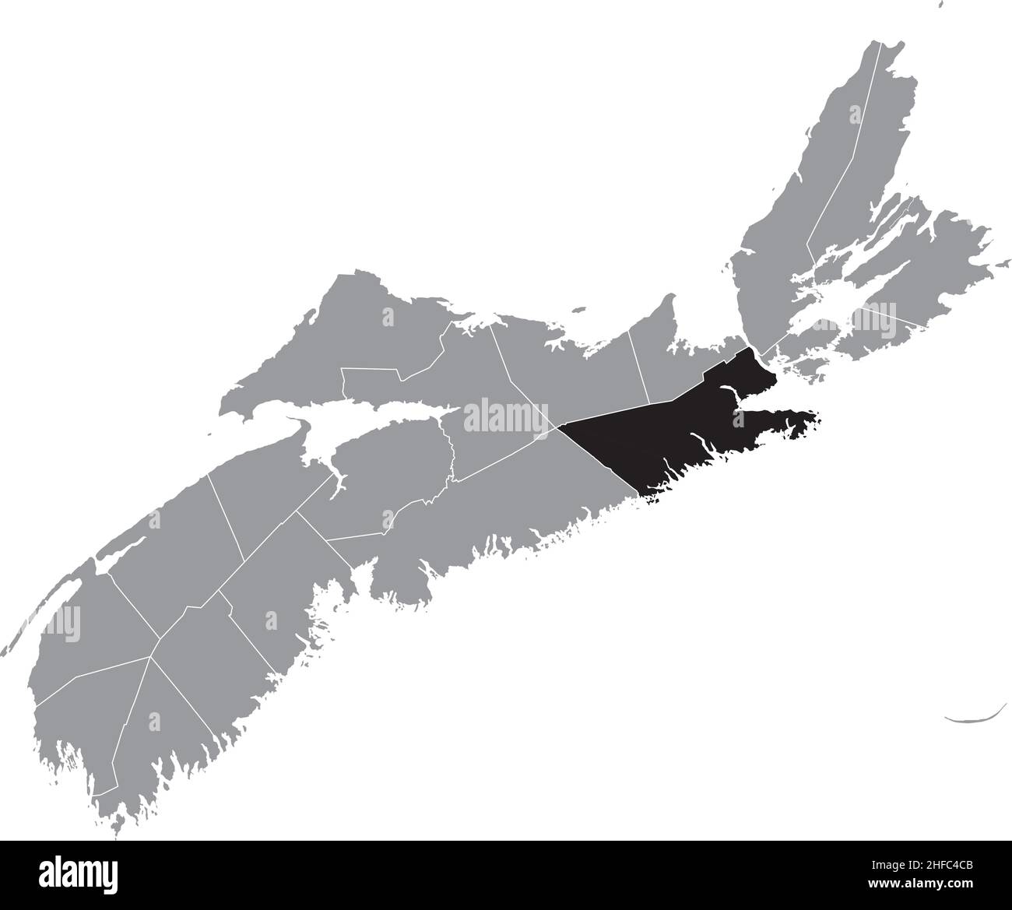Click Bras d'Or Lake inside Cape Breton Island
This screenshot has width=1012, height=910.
click(864, 288)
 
